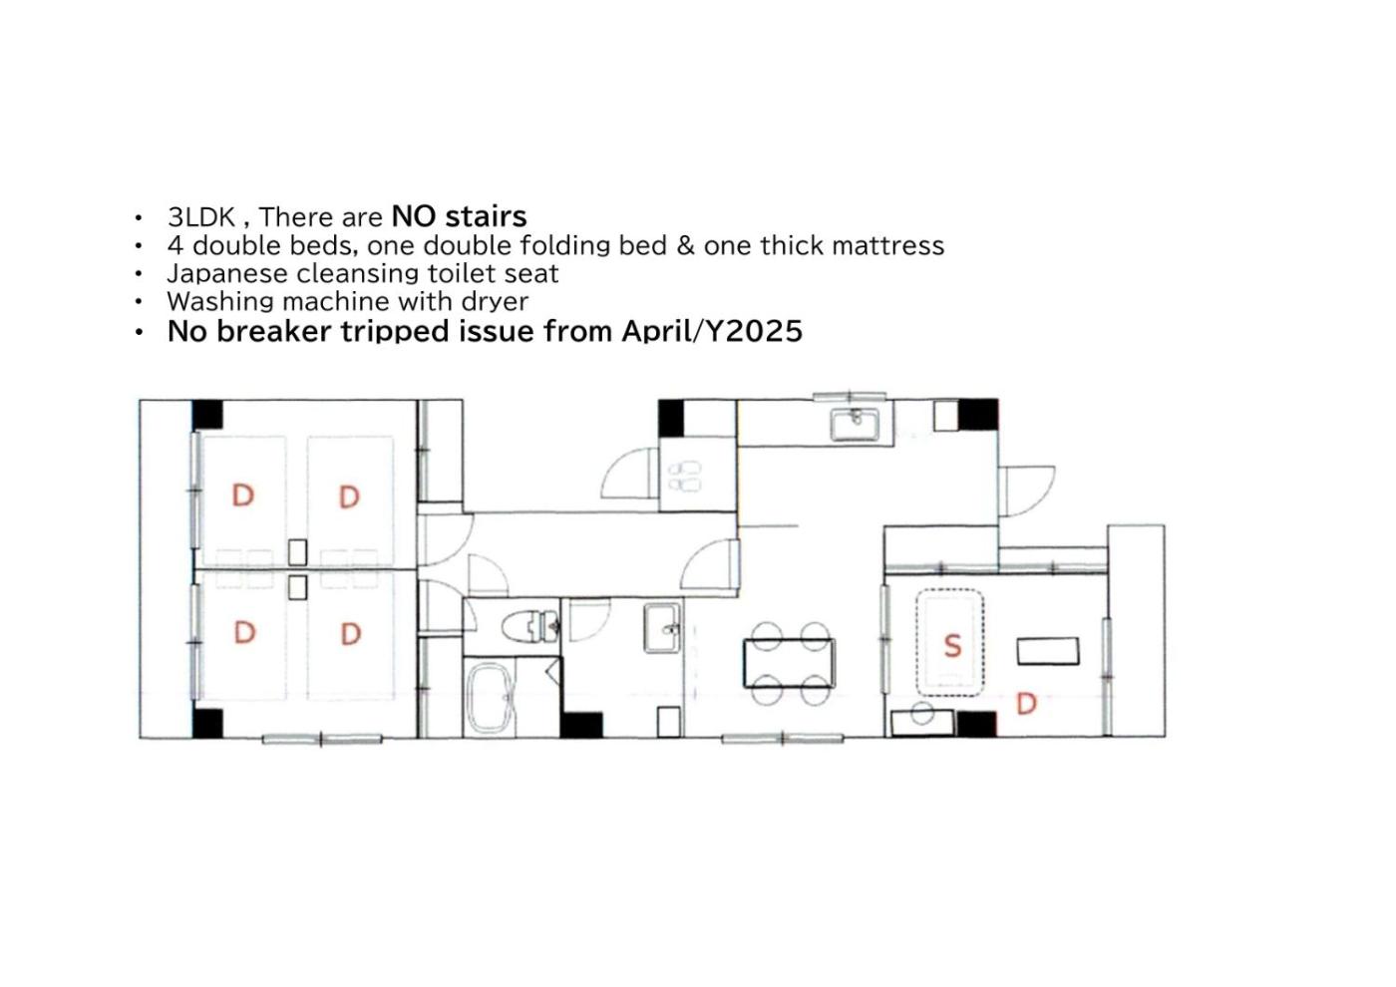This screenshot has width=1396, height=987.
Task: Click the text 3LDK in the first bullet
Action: (x=201, y=217)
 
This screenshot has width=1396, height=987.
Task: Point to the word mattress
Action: (x=887, y=245)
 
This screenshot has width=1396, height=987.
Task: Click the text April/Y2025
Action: (x=712, y=331)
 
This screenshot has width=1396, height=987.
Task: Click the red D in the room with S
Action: (x=1026, y=704)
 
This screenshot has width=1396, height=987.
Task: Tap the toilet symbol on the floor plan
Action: (x=529, y=626)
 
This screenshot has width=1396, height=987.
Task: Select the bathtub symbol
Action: (x=491, y=699)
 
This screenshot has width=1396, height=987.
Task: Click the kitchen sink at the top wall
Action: (x=856, y=424)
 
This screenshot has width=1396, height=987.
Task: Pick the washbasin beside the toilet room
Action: (x=662, y=627)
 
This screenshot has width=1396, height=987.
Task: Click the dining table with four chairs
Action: (x=790, y=664)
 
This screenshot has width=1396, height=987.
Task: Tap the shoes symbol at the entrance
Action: (x=684, y=477)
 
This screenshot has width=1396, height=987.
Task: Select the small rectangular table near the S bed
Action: (x=1048, y=651)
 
